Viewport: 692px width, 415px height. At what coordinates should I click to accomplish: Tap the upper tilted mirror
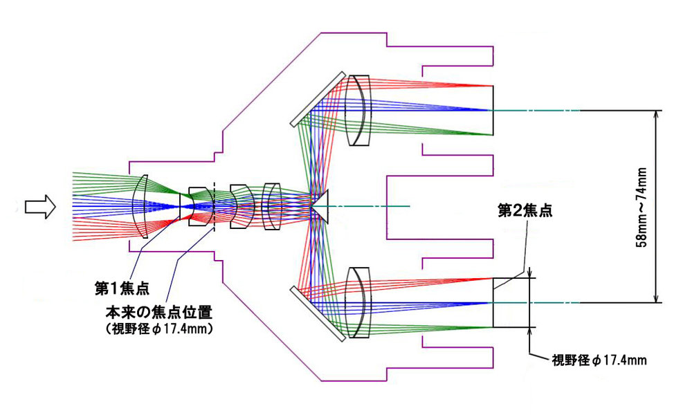point(318,99)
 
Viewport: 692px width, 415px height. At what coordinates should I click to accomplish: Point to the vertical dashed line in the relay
point(215,207)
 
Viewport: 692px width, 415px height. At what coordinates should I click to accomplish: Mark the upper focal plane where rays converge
point(492,110)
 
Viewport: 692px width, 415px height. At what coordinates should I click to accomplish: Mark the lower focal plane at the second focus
point(493,303)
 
